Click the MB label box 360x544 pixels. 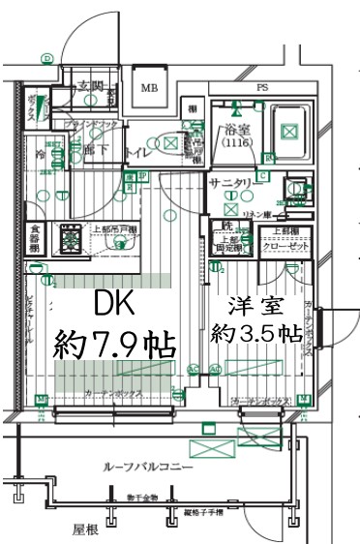click(x=149, y=86)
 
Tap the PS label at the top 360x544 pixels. click(x=261, y=88)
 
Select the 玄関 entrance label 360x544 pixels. click(x=90, y=85)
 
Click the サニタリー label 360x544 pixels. click(x=229, y=182)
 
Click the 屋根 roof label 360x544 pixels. click(x=86, y=529)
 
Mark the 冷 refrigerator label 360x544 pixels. click(x=40, y=154)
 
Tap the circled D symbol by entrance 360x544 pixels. click(x=45, y=59)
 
